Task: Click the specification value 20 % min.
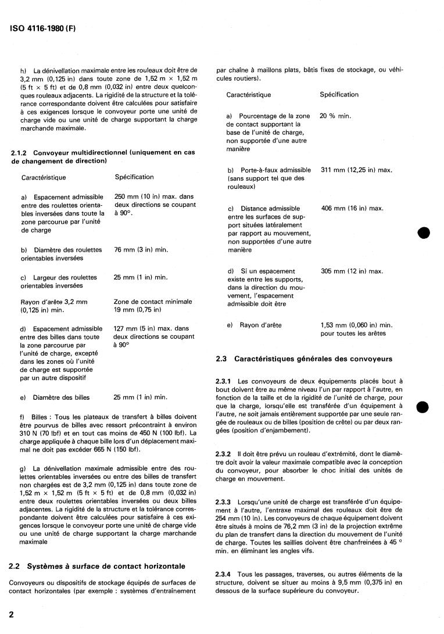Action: pos(335,116)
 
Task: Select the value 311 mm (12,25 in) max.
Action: pos(356,170)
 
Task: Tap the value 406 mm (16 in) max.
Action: pos(352,208)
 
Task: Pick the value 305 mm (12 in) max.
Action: pos(352,271)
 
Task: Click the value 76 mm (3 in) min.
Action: pos(141,249)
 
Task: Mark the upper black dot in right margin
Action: pos(426,232)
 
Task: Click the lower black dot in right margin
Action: pos(426,406)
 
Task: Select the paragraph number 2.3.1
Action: pos(224,381)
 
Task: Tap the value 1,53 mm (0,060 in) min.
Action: pos(356,325)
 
